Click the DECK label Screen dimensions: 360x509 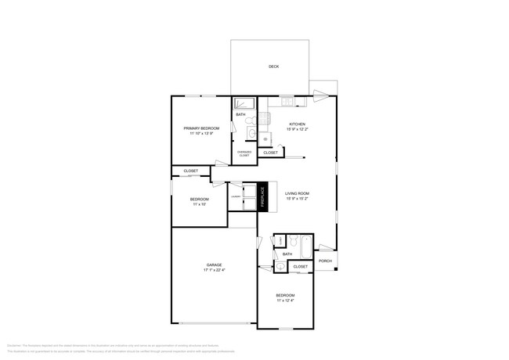(274, 67)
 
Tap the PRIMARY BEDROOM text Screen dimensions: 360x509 (201, 128)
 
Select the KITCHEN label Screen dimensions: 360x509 (298, 124)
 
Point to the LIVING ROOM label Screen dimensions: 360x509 (297, 193)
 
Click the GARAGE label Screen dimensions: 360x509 (215, 265)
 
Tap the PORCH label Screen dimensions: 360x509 (325, 261)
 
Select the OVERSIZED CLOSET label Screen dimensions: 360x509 (244, 154)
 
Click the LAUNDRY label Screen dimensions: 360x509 (235, 196)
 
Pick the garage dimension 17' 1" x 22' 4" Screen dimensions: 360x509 (215, 271)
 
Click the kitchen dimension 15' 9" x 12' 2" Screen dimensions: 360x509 (298, 130)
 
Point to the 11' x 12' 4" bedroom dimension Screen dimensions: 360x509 (285, 300)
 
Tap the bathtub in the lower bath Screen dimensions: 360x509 (301, 242)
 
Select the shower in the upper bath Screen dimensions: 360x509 (244, 103)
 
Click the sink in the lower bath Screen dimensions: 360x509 (280, 267)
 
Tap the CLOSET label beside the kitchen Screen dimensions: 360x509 (270, 153)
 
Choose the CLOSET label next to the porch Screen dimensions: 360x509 (300, 267)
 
